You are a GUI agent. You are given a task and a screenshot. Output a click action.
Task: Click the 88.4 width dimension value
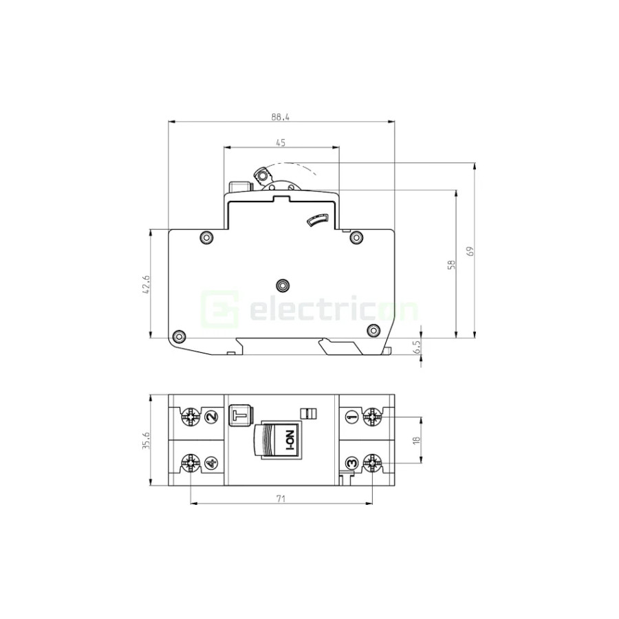click(281, 118)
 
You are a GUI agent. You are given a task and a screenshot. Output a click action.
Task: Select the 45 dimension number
click(281, 142)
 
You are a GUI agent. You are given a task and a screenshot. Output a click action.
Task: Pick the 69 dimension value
click(470, 251)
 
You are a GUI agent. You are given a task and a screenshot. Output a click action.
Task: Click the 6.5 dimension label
click(417, 348)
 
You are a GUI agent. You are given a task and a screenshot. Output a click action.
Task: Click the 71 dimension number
click(281, 499)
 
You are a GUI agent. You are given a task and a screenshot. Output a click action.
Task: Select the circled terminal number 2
click(210, 416)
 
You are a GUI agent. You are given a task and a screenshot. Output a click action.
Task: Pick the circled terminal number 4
click(210, 464)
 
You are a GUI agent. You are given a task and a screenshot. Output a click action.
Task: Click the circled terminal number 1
click(351, 416)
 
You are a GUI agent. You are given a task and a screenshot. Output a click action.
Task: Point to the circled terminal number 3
click(351, 464)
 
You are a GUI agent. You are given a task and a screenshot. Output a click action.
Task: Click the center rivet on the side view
click(281, 284)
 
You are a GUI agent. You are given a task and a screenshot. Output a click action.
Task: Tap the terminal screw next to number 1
click(373, 416)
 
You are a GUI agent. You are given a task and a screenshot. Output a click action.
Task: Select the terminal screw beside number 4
click(189, 464)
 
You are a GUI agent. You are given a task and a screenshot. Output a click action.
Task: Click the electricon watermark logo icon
click(219, 309)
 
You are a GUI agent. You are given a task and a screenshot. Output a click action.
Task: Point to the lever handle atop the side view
click(261, 175)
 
